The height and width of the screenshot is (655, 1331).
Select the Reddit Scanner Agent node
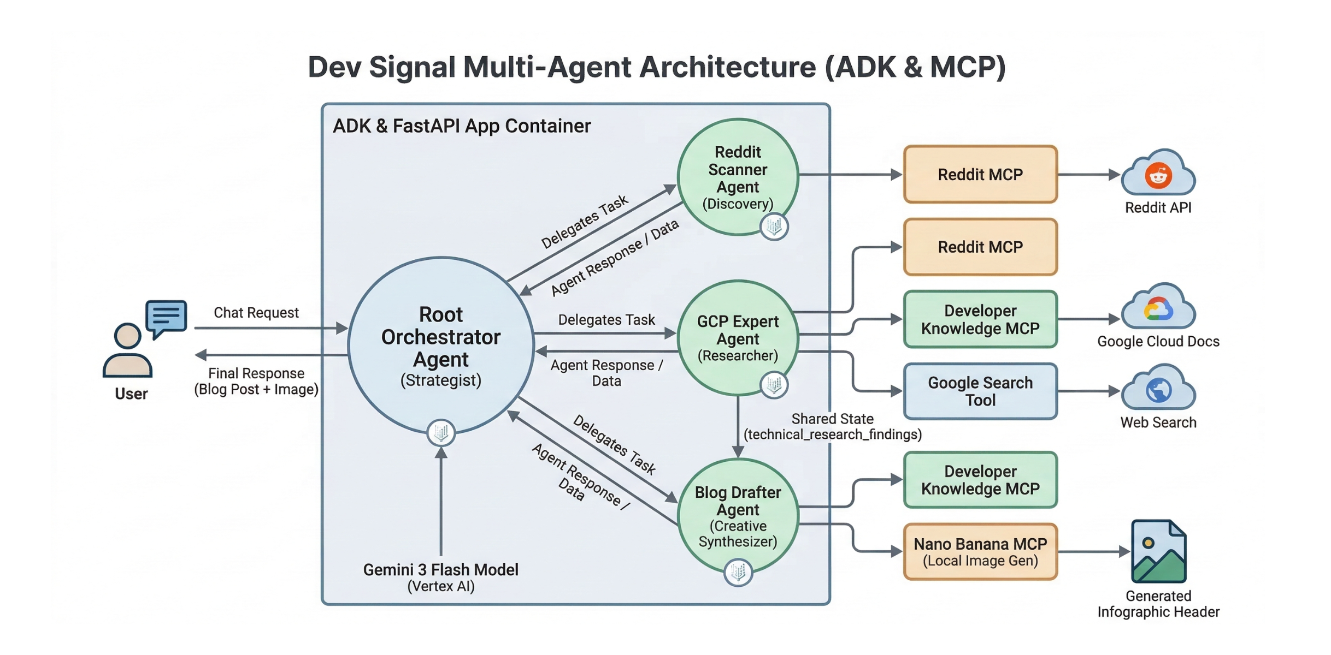(738, 177)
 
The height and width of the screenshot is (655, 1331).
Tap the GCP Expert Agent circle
(738, 338)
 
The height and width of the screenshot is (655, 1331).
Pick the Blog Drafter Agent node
(738, 516)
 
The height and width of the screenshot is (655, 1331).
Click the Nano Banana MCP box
(980, 551)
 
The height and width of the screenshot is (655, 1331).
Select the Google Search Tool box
(980, 391)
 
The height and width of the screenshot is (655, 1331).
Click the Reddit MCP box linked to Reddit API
(980, 174)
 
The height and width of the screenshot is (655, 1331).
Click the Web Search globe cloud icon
(1158, 389)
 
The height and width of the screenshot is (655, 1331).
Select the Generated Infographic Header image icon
(1158, 551)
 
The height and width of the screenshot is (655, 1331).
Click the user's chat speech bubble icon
(166, 317)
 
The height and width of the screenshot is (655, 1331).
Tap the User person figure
(127, 352)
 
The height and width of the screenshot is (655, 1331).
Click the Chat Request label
(256, 313)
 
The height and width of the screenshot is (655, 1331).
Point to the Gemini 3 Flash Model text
(440, 570)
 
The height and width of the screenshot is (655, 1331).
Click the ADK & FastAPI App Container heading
(462, 126)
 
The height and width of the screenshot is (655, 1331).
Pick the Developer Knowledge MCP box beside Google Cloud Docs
(980, 319)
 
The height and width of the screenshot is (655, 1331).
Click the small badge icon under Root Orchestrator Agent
(440, 432)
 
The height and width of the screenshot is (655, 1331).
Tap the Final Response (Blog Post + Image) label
(256, 381)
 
